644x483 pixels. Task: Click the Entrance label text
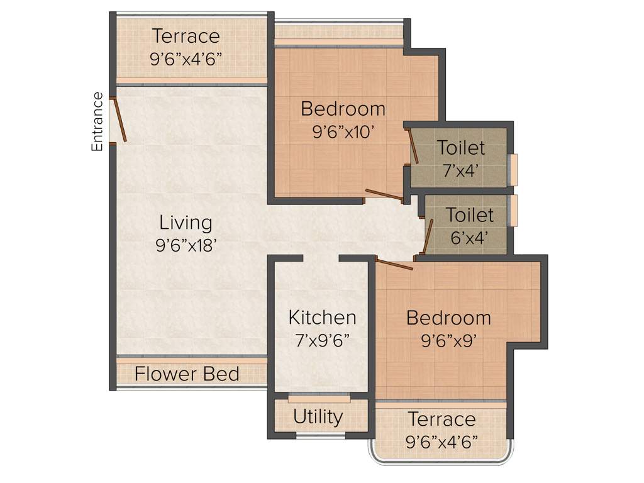pyautogui.click(x=97, y=121)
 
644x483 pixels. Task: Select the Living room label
pyautogui.click(x=186, y=223)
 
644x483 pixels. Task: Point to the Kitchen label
pyautogui.click(x=322, y=317)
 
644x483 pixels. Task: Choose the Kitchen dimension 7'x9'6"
pyautogui.click(x=322, y=341)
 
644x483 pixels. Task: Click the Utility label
pyautogui.click(x=318, y=417)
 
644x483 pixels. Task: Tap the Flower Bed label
pyautogui.click(x=187, y=374)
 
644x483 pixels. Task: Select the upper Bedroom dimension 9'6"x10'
pyautogui.click(x=343, y=133)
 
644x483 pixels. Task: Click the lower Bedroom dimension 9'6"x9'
pyautogui.click(x=448, y=341)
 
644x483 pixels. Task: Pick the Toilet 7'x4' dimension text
pyautogui.click(x=461, y=171)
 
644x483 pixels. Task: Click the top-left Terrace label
pyautogui.click(x=186, y=36)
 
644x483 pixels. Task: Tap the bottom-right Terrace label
pyautogui.click(x=441, y=419)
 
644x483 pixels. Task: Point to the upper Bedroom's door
pyautogui.click(x=384, y=196)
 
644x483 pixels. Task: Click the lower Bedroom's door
pyautogui.click(x=394, y=264)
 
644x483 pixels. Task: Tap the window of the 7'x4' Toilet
pyautogui.click(x=514, y=170)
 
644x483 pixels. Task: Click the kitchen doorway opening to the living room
pyautogui.click(x=321, y=258)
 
